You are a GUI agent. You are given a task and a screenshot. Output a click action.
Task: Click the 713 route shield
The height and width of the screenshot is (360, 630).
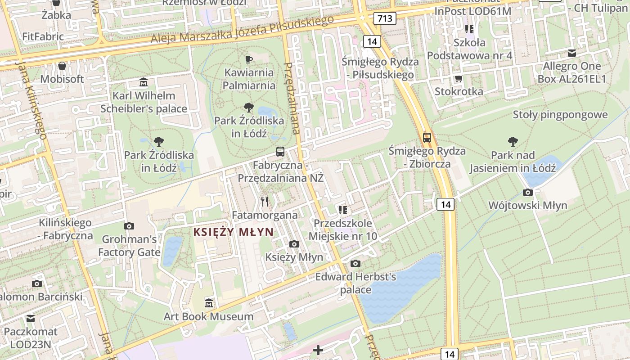385,18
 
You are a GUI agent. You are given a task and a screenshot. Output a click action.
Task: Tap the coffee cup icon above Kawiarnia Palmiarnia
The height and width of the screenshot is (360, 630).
248,59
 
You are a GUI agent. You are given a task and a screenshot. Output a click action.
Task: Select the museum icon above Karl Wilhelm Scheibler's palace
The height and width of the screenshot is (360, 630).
144,82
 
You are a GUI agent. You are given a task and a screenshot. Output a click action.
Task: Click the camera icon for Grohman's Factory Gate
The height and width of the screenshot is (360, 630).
129,226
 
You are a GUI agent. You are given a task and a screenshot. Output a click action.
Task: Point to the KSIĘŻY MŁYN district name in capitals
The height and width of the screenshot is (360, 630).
233,232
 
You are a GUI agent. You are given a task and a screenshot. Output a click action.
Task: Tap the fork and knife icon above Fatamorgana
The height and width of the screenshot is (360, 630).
265,202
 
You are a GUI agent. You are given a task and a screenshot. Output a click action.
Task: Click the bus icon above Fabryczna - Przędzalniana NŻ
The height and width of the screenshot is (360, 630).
280,152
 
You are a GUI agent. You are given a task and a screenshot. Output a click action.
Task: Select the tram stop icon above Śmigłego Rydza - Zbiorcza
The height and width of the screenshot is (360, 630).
427,138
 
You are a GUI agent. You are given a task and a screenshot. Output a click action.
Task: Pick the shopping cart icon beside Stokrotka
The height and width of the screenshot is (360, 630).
459,79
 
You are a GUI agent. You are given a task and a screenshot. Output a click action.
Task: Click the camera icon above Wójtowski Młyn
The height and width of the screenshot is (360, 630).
528,193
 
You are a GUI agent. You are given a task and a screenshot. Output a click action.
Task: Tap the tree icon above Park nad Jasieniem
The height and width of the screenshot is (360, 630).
513,142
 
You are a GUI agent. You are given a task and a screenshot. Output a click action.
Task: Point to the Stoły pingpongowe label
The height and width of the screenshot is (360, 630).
560,115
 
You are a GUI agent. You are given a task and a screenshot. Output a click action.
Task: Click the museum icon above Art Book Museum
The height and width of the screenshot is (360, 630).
208,303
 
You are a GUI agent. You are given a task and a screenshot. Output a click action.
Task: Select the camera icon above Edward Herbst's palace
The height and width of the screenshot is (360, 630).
355,263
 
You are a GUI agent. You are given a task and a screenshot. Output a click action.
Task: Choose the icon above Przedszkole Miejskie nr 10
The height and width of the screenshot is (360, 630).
343,210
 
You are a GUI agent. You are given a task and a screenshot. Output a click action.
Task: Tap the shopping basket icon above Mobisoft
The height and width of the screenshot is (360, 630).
62,66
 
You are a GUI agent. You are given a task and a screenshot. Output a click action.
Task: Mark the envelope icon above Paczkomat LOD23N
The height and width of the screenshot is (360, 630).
31,319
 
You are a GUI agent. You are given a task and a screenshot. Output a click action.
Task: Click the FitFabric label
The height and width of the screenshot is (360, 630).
43,36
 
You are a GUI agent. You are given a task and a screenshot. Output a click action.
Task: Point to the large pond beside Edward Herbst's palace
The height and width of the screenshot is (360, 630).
400,288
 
